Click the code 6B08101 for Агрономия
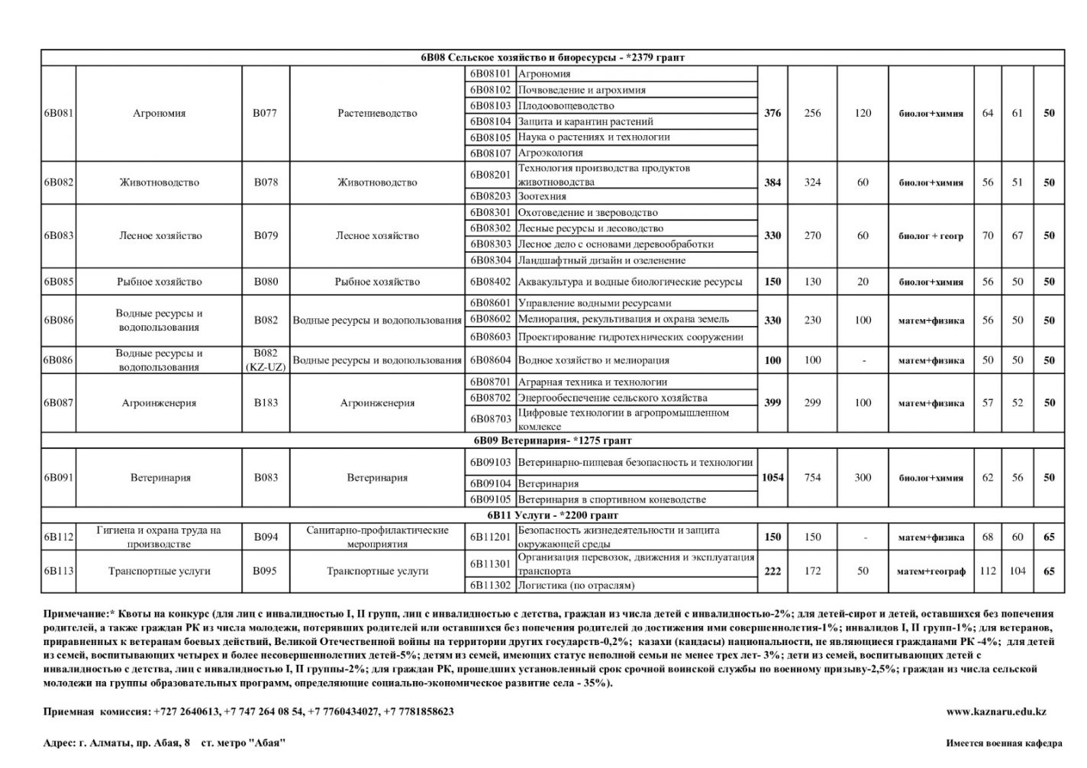[490, 74]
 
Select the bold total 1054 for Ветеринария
[773, 478]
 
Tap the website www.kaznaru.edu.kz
[996, 712]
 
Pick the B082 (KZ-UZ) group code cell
[266, 360]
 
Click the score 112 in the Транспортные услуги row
[988, 571]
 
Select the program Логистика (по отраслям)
[576, 586]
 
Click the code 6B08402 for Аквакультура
[490, 282]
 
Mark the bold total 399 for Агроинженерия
[773, 403]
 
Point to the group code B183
[266, 403]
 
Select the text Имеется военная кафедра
[1003, 743]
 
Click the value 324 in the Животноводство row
[812, 182]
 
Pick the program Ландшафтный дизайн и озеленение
[602, 260]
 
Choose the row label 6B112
[58, 537]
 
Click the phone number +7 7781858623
[419, 712]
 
